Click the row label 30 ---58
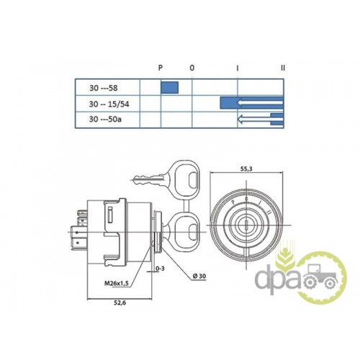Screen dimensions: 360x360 (104, 88)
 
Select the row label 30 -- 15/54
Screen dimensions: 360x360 (109, 104)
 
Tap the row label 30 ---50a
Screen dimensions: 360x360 (105, 119)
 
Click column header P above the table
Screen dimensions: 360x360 (161, 68)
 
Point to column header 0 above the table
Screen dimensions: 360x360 (192, 68)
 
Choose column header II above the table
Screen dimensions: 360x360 (283, 68)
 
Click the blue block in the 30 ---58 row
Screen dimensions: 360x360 (169, 87)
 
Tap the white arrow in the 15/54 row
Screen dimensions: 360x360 (260, 103)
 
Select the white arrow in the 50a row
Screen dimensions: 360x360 (260, 119)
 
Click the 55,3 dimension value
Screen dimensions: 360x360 (246, 169)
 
